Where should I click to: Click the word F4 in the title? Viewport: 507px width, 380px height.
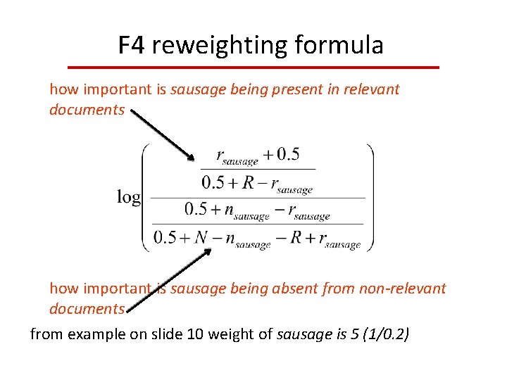pyautogui.click(x=132, y=46)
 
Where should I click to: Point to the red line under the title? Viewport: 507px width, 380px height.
pyautogui.click(x=253, y=67)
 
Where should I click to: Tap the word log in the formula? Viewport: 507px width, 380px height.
pyautogui.click(x=129, y=197)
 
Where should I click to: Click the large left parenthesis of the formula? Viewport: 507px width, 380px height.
pyautogui.click(x=146, y=198)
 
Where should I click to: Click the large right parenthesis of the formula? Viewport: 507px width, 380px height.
pyautogui.click(x=369, y=198)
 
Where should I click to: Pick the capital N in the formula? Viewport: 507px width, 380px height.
pyautogui.click(x=202, y=237)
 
